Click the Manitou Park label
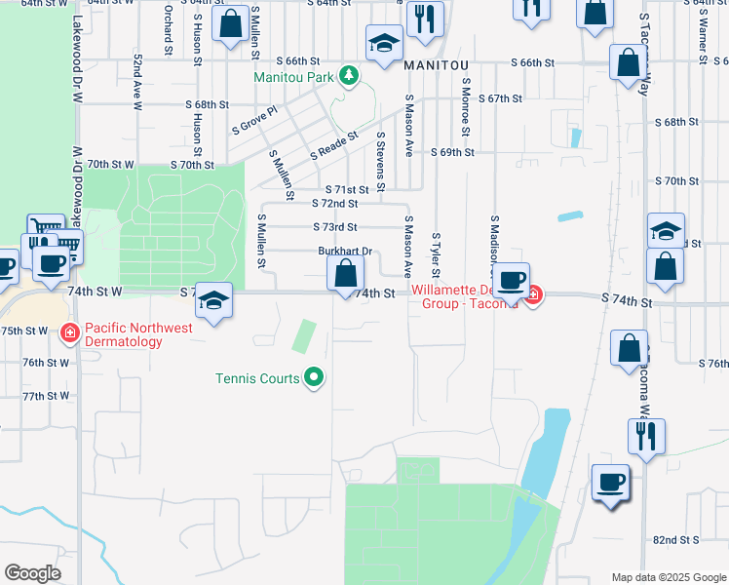coord(293,77)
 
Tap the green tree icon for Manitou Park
coord(348,76)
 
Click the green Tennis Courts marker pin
coord(314,377)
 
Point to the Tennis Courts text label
coord(257,378)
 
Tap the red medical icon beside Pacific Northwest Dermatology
coord(68,334)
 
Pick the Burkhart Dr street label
coord(345,251)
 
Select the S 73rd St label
coord(334,227)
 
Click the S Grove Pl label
coord(254,120)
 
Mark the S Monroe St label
coord(466,107)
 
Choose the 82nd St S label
coord(676,539)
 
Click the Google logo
coord(32,573)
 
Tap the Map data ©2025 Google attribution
coord(669,577)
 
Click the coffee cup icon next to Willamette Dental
coord(511,283)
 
